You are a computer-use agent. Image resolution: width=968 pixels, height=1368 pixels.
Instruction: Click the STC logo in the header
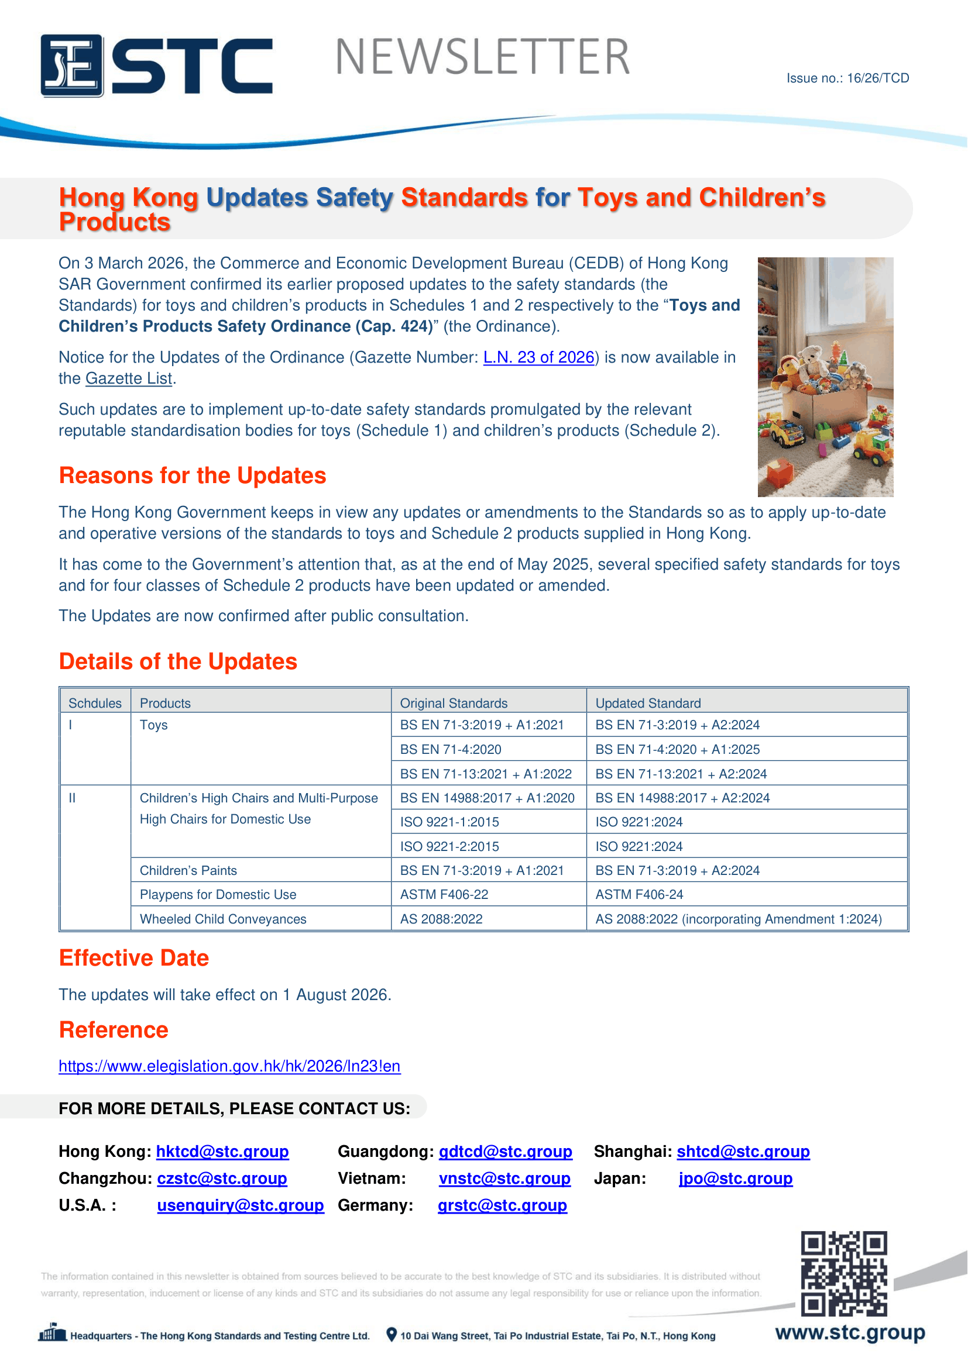click(156, 66)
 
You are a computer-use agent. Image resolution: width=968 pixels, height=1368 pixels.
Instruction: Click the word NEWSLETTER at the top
click(483, 58)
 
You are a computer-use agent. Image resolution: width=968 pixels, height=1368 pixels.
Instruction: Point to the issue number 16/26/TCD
click(847, 78)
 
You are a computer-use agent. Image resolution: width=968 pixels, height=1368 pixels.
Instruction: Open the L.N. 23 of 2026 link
click(539, 357)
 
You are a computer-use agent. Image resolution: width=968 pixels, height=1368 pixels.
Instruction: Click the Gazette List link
click(129, 379)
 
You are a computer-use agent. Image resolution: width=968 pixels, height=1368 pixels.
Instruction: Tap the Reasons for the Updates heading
click(193, 476)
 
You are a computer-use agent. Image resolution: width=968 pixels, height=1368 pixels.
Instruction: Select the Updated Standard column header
click(648, 704)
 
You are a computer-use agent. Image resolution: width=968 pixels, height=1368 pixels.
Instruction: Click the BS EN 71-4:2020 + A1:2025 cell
click(677, 750)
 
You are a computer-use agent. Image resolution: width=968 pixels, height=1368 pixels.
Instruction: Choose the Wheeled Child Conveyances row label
click(223, 919)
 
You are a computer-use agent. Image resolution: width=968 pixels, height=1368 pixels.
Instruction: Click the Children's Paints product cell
click(188, 871)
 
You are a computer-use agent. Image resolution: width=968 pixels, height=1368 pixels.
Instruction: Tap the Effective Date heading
click(134, 959)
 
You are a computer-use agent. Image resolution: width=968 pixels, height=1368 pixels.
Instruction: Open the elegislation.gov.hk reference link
click(229, 1067)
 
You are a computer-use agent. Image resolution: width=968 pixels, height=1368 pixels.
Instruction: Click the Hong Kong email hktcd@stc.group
click(222, 1152)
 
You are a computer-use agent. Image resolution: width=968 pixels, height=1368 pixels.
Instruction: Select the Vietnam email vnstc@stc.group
click(504, 1179)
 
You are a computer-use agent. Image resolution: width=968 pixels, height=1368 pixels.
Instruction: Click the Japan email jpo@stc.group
click(736, 1179)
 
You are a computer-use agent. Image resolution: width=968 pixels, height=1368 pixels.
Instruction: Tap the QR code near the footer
click(843, 1273)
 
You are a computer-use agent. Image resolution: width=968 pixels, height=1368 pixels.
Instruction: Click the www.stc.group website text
click(850, 1333)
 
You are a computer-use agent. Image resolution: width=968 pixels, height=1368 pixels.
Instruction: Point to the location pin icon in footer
click(392, 1335)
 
